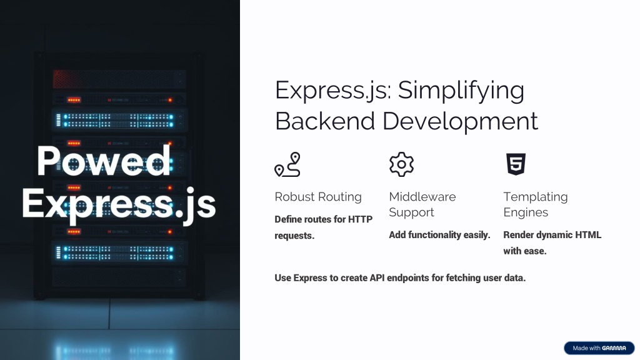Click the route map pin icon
[287, 164]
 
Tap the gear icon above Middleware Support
[402, 164]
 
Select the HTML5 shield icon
[516, 164]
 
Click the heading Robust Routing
[318, 197]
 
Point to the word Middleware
[422, 197]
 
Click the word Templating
[536, 197]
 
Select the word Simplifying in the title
[461, 91]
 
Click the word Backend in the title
[325, 121]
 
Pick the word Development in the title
[461, 122]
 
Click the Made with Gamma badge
[599, 348]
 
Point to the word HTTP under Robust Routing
[361, 219]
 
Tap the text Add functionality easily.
[439, 235]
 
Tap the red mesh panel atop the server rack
[119, 79]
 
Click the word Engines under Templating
[526, 212]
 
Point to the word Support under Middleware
[411, 212]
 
